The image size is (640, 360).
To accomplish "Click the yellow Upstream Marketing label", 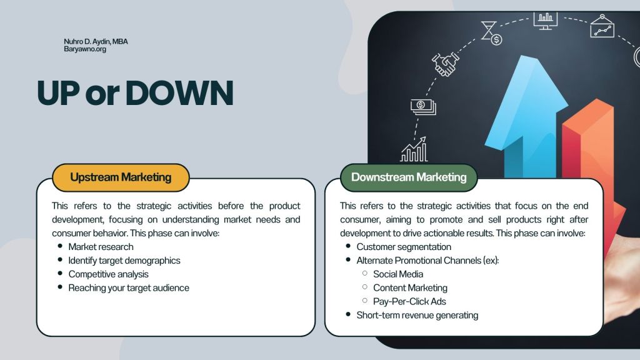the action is [x=121, y=177].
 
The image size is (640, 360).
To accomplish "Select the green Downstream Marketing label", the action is [x=409, y=177].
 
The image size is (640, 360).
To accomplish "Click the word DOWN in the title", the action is [x=179, y=93].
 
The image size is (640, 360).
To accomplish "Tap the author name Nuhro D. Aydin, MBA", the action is [x=96, y=42].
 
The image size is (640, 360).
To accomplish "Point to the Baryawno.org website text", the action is [x=85, y=49].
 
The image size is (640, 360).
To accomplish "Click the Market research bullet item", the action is [x=101, y=247].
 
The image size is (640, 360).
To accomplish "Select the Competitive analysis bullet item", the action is [x=108, y=274].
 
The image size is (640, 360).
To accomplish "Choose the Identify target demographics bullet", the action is [x=124, y=261].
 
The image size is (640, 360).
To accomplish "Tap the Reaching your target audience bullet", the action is [x=129, y=287].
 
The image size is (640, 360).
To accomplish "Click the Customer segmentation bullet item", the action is [x=404, y=247].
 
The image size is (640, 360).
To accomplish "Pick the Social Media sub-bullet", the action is [x=398, y=274].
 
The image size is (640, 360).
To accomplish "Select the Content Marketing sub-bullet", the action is [x=410, y=287].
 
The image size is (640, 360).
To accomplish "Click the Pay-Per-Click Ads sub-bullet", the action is [x=409, y=302].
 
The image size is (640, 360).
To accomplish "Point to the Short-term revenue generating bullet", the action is [x=417, y=315].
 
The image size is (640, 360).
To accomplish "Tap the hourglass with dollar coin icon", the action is [x=491, y=33].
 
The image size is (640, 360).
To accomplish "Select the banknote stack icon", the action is [x=423, y=107].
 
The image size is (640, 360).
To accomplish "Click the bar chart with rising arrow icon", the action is [x=414, y=150].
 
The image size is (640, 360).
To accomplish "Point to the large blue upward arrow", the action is [x=526, y=118].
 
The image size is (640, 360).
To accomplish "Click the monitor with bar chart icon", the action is [x=545, y=21].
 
